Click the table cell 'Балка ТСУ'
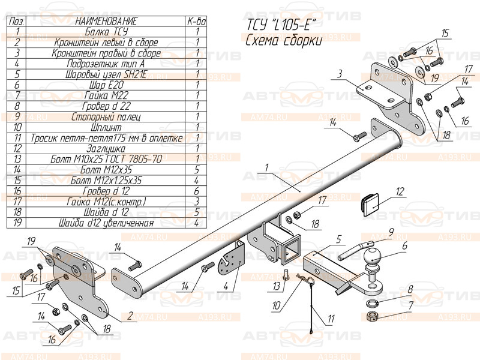106,32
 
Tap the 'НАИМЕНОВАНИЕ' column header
106,22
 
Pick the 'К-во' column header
197,22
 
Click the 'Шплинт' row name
106,127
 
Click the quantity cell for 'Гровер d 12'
197,190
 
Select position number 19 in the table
17,223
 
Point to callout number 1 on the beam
265,167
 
